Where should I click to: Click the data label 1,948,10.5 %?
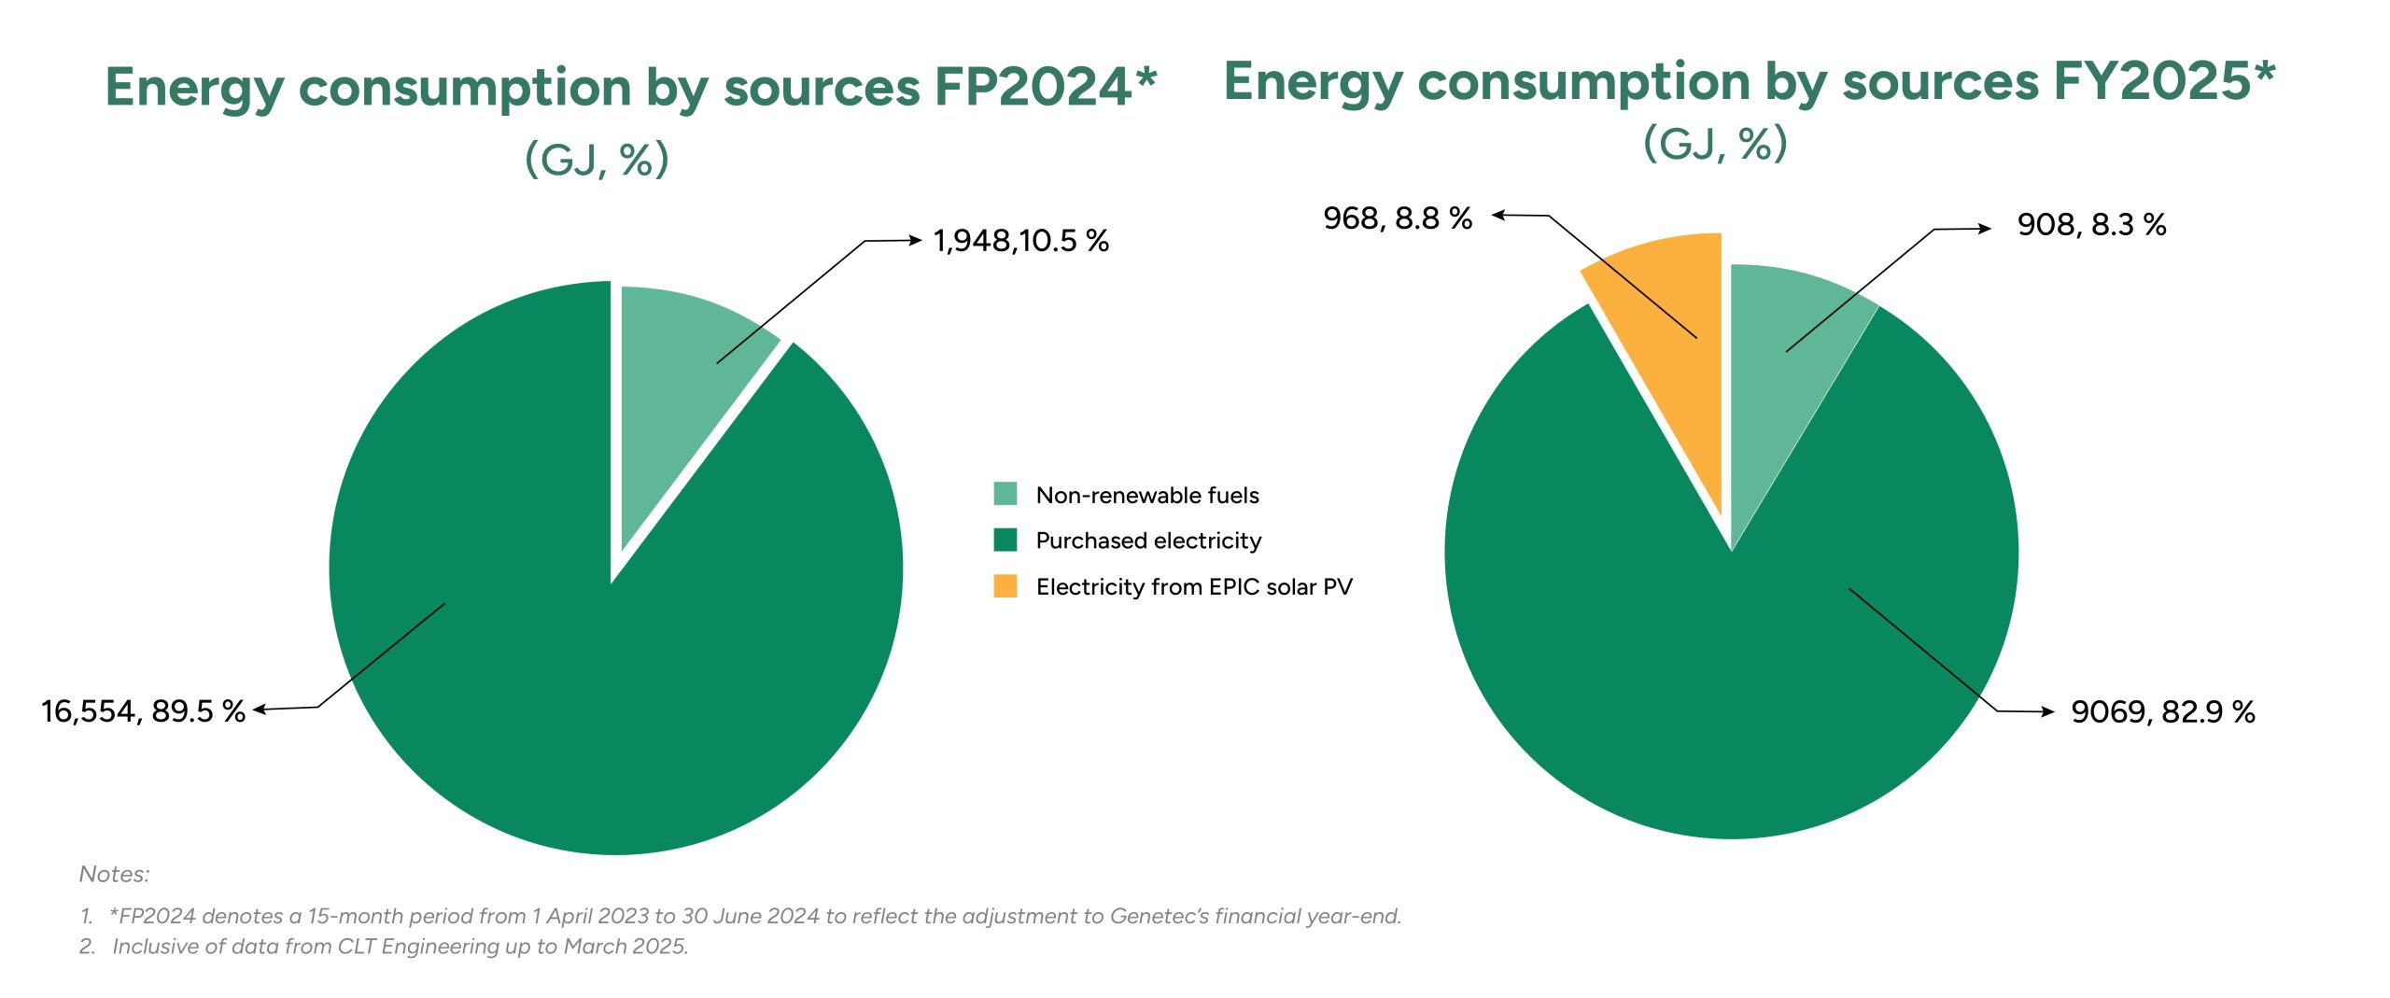click(1021, 241)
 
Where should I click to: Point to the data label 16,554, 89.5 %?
click(143, 711)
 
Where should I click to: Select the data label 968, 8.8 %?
click(1398, 218)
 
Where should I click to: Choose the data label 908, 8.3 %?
click(2091, 225)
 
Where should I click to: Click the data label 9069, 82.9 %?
click(2162, 712)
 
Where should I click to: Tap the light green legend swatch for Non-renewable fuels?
click(1005, 494)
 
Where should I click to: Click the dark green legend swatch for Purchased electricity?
click(1005, 540)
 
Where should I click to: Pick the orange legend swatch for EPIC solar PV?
click(1005, 586)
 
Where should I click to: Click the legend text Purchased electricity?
click(1148, 541)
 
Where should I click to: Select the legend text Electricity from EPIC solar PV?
click(1194, 587)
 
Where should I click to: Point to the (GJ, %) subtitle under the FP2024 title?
click(597, 159)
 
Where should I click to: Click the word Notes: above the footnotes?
click(114, 875)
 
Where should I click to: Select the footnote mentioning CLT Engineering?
click(400, 947)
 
